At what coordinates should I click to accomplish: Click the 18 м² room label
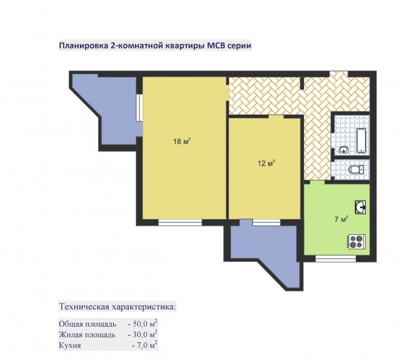tap(182, 141)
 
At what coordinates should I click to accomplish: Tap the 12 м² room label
tap(266, 163)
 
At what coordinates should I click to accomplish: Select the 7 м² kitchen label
tap(341, 219)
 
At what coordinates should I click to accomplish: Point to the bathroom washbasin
tap(344, 150)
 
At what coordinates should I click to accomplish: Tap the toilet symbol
tap(356, 169)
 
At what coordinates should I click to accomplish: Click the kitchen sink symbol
tap(360, 207)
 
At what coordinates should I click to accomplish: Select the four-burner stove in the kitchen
tap(356, 242)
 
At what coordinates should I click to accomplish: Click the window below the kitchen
tap(335, 259)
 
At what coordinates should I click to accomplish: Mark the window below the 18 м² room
tap(180, 223)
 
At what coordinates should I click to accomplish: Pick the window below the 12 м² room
tap(266, 223)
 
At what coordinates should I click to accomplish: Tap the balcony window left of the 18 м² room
tap(139, 107)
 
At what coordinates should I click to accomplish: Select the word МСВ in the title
tap(216, 45)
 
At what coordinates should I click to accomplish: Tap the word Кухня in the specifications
tap(70, 346)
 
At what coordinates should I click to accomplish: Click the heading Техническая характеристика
tap(118, 306)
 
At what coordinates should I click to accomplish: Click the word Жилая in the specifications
tap(69, 334)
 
